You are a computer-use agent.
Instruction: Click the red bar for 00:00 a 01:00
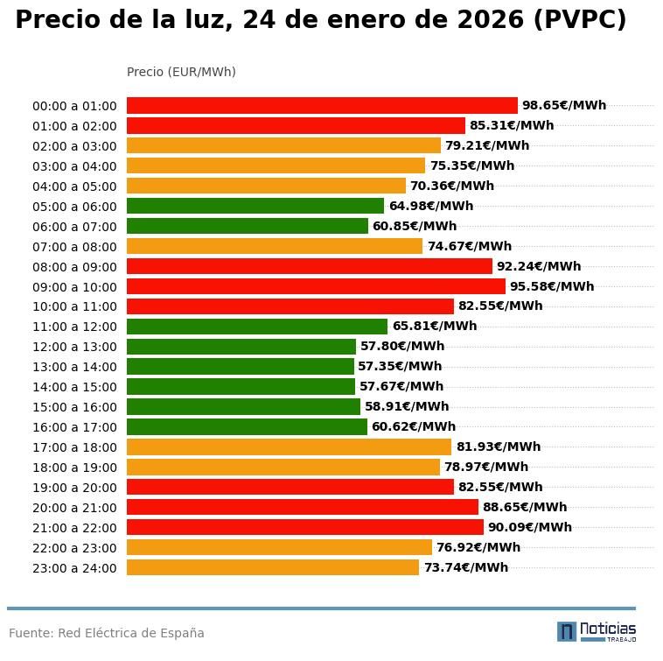pyautogui.click(x=322, y=106)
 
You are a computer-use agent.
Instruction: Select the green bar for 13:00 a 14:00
pyautogui.click(x=241, y=367)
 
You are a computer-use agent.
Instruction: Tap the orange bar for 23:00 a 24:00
pyautogui.click(x=273, y=567)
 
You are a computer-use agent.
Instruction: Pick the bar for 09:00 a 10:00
pyautogui.click(x=316, y=286)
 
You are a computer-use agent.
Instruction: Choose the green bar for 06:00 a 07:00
pyautogui.click(x=248, y=226)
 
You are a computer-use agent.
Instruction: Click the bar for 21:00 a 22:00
pyautogui.click(x=305, y=527)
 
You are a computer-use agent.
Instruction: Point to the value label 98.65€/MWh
pyautogui.click(x=563, y=106)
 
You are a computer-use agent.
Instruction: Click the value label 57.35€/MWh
pyautogui.click(x=400, y=367)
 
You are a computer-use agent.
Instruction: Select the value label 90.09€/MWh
pyautogui.click(x=529, y=527)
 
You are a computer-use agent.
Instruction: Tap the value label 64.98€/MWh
pyautogui.click(x=430, y=207)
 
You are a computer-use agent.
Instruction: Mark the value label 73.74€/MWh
pyautogui.click(x=465, y=567)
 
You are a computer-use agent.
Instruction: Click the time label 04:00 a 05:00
pyautogui.click(x=74, y=186)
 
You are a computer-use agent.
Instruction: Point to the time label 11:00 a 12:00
pyautogui.click(x=74, y=327)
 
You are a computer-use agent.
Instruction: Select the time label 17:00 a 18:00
pyautogui.click(x=74, y=447)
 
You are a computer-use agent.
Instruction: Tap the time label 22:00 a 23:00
pyautogui.click(x=74, y=548)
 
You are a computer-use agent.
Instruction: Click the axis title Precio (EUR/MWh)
pyautogui.click(x=181, y=72)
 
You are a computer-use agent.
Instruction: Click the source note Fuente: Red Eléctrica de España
pyautogui.click(x=107, y=633)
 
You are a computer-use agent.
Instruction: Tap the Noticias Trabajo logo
pyautogui.click(x=597, y=631)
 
